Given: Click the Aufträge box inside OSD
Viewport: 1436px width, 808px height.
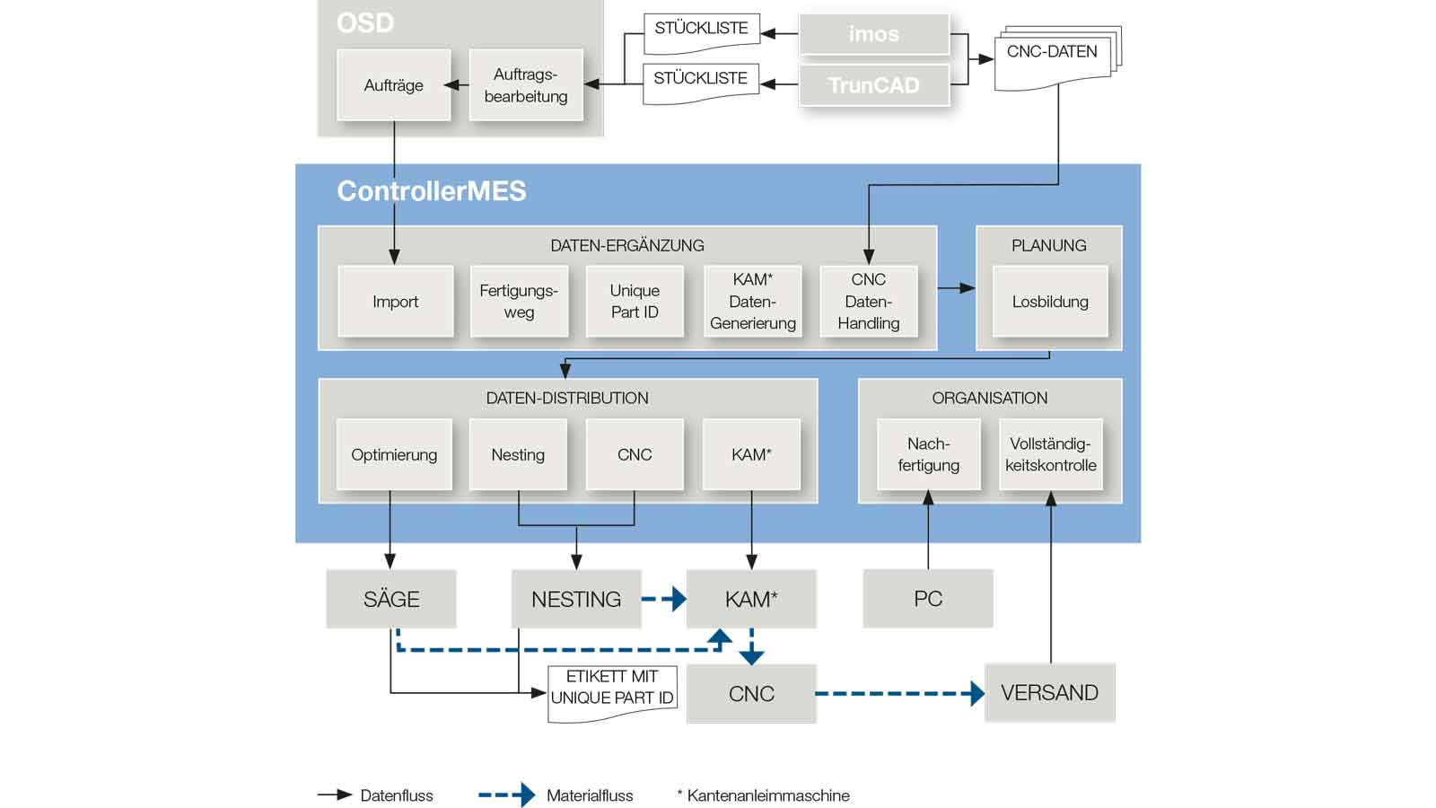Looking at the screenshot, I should (x=393, y=85).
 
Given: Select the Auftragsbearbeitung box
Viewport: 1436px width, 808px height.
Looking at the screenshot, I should (x=526, y=85).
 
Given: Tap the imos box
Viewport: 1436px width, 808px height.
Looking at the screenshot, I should (x=873, y=34).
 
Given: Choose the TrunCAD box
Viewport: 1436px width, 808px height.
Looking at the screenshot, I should (x=873, y=85).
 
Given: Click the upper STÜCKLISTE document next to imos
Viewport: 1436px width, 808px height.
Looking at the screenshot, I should (x=701, y=31).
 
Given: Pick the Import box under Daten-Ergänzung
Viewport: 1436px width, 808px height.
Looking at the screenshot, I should (x=395, y=302).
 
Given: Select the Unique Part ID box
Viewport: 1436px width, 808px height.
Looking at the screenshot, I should (x=635, y=302).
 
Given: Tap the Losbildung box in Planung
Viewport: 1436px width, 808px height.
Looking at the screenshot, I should (x=1050, y=302).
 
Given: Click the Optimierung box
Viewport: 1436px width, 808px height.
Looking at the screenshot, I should (x=394, y=454).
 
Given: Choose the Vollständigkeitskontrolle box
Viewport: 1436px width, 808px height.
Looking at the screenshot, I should (x=1051, y=454).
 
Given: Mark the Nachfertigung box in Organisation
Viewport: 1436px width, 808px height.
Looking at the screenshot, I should (x=928, y=454).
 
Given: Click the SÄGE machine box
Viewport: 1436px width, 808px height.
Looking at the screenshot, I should (x=391, y=599).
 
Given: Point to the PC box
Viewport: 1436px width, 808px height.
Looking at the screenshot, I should (x=928, y=599).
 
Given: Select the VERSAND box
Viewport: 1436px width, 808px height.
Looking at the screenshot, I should (x=1049, y=692).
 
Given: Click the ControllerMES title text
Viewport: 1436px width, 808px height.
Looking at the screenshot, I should (x=431, y=191).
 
